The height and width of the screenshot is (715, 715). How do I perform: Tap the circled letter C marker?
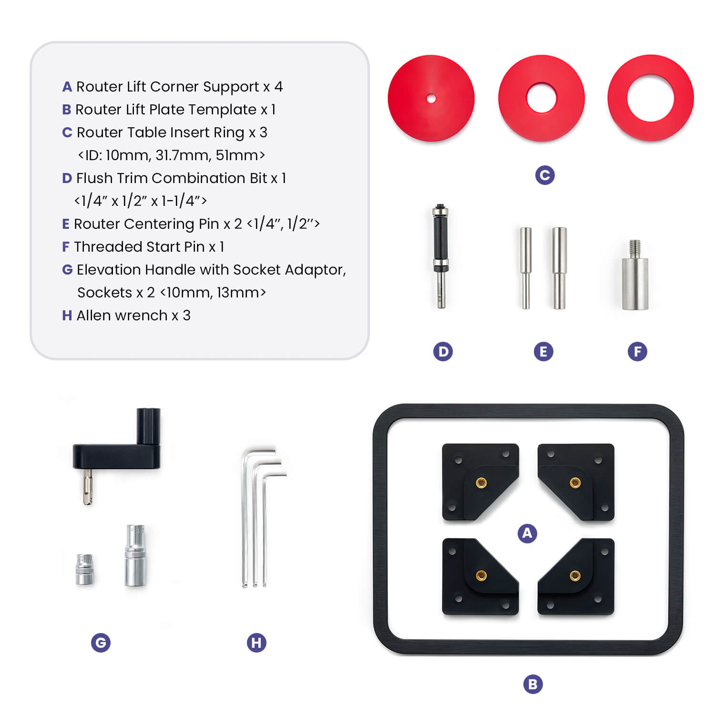click(x=545, y=175)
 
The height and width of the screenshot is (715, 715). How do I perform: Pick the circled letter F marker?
click(x=637, y=352)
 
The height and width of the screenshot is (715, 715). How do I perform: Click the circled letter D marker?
click(x=443, y=352)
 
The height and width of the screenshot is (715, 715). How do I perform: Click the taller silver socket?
click(x=135, y=555)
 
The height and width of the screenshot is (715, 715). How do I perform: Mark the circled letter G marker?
click(x=101, y=643)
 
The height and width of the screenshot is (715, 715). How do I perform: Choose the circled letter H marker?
click(x=256, y=643)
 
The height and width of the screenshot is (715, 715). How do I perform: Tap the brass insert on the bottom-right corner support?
click(x=575, y=576)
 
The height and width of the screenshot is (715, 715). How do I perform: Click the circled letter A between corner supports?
click(x=527, y=533)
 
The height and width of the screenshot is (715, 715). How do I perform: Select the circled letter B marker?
click(x=533, y=684)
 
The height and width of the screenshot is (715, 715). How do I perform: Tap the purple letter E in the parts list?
click(x=66, y=224)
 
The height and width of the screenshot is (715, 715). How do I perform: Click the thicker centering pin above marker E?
click(x=559, y=267)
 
